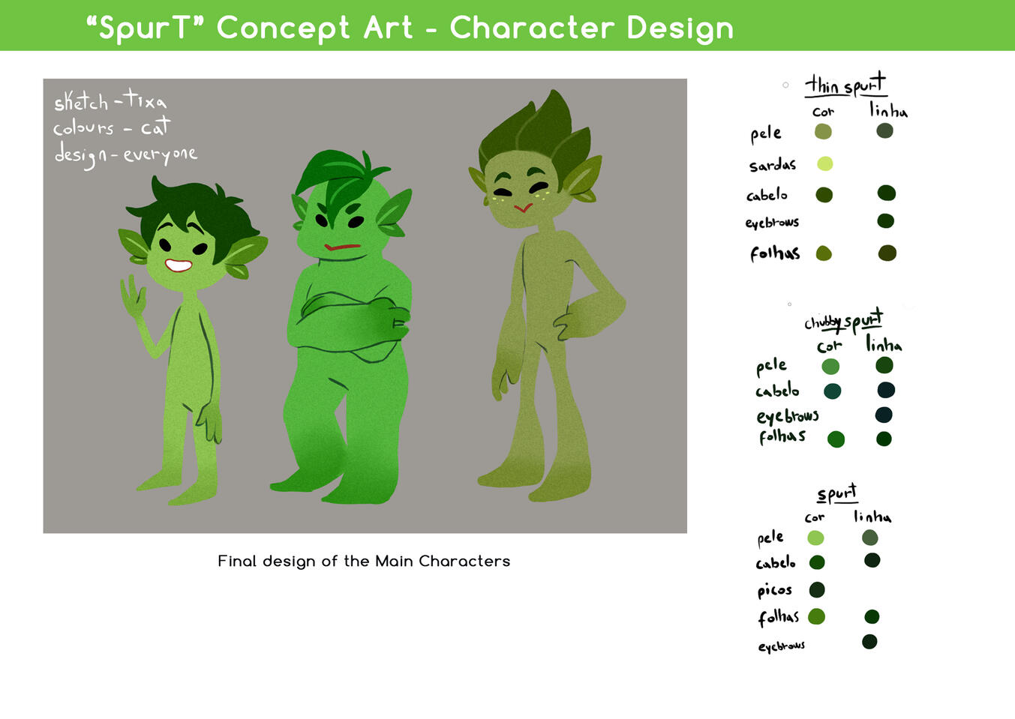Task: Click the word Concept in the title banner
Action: click(x=283, y=28)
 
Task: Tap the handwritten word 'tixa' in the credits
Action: click(x=146, y=100)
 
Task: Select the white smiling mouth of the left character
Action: click(x=178, y=265)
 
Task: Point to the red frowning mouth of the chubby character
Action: click(x=342, y=247)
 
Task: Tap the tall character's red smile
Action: click(x=523, y=207)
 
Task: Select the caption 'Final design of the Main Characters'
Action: click(x=364, y=561)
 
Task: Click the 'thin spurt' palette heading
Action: click(x=845, y=85)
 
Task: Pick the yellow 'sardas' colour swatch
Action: click(x=824, y=163)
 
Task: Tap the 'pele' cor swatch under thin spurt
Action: click(x=823, y=132)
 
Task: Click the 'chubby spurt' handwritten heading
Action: click(x=843, y=322)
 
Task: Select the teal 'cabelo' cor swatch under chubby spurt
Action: click(x=832, y=391)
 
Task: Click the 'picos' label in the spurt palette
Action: click(x=774, y=590)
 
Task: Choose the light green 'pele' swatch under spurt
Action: click(x=815, y=538)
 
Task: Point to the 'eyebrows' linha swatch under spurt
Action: click(x=869, y=642)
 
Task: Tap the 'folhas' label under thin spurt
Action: click(x=774, y=253)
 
